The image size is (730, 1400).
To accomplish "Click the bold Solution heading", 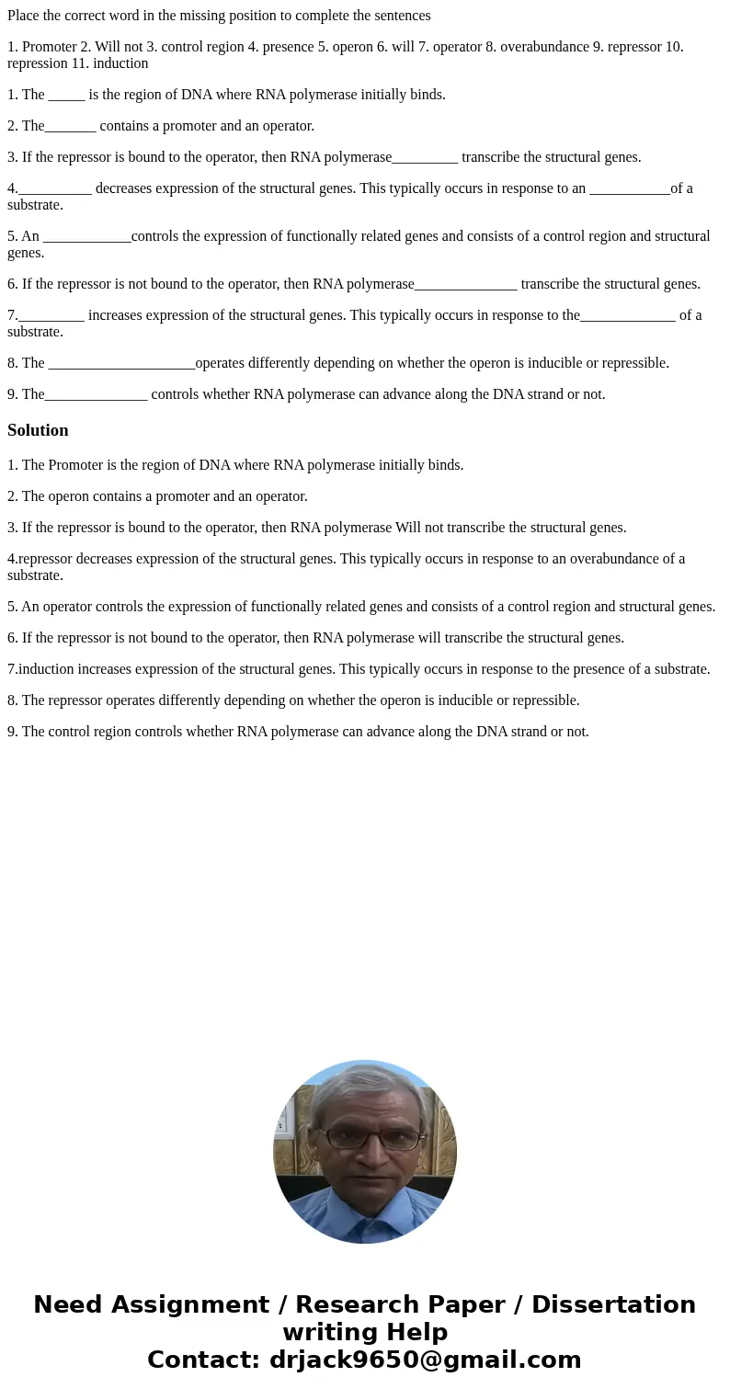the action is coord(38,430).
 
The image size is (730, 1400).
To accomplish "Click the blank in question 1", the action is coord(66,95).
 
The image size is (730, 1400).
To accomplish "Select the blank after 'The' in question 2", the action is coord(70,126).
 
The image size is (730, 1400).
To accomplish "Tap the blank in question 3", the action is coord(425,157).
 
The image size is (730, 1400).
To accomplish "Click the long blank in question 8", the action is coord(121,363).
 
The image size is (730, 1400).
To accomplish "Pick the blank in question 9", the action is coord(96,394).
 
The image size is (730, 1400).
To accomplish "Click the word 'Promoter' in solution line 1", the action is coord(74,465).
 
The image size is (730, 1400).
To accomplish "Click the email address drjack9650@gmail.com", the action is coord(425,1360).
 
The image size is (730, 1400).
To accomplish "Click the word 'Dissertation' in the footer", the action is coord(613,1304).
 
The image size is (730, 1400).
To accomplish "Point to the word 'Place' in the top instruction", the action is coord(23,16).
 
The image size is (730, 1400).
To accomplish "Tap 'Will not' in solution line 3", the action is coord(421,528).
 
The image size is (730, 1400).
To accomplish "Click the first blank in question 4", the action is coord(54,188).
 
